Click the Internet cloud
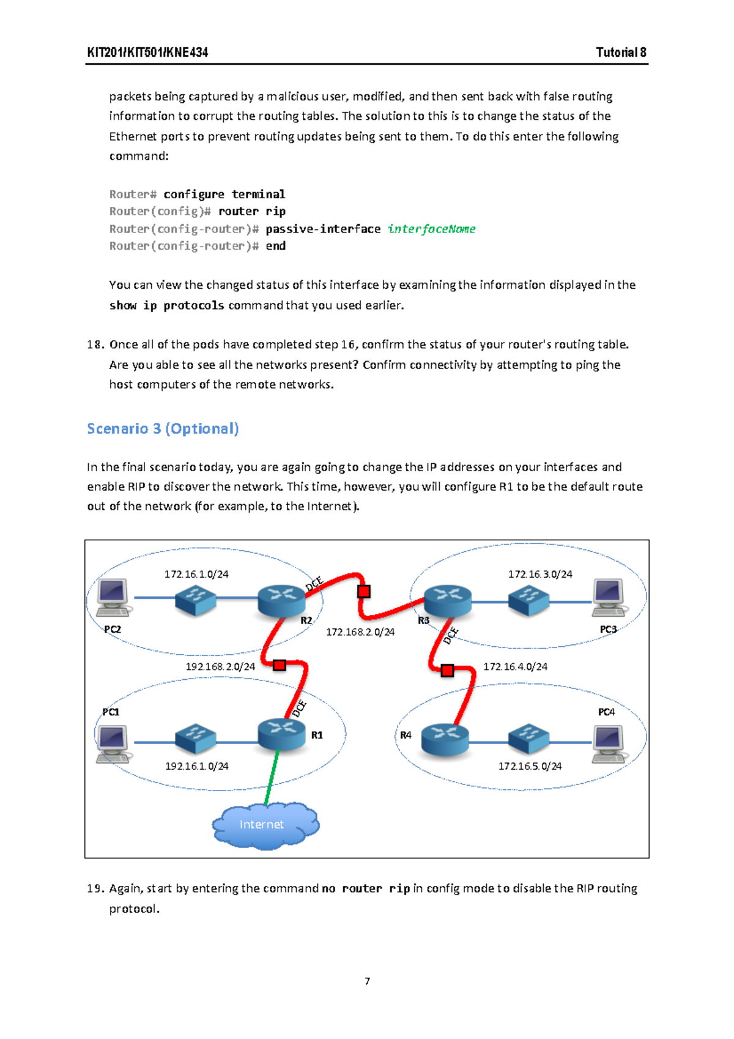point(265,825)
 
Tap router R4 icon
point(445,739)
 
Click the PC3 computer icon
point(609,597)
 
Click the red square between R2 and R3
point(364,592)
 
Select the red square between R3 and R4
point(447,671)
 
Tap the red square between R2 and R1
point(280,665)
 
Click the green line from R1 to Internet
point(272,777)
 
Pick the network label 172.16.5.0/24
point(530,766)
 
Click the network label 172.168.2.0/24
point(360,632)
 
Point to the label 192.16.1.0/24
point(196,766)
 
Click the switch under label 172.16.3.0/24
point(528,600)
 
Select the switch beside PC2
point(195,600)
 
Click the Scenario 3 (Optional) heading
point(163,428)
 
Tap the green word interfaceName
point(431,229)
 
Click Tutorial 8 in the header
point(621,53)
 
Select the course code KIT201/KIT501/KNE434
point(147,53)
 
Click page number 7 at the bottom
point(367,981)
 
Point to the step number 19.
point(95,888)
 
